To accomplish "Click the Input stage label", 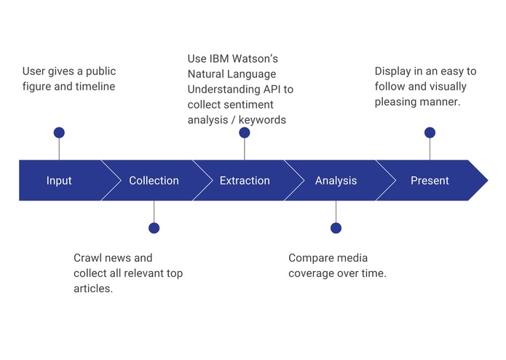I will [59, 181].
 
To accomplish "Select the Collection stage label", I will [154, 181].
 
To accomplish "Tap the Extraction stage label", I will [245, 181].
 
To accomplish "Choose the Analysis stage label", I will [336, 181].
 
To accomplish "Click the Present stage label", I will [430, 181].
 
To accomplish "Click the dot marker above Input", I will [59, 133].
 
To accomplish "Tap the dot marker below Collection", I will [154, 228].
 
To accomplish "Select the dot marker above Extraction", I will [245, 133].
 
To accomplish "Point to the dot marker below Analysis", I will [336, 228].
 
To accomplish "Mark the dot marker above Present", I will [430, 133].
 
